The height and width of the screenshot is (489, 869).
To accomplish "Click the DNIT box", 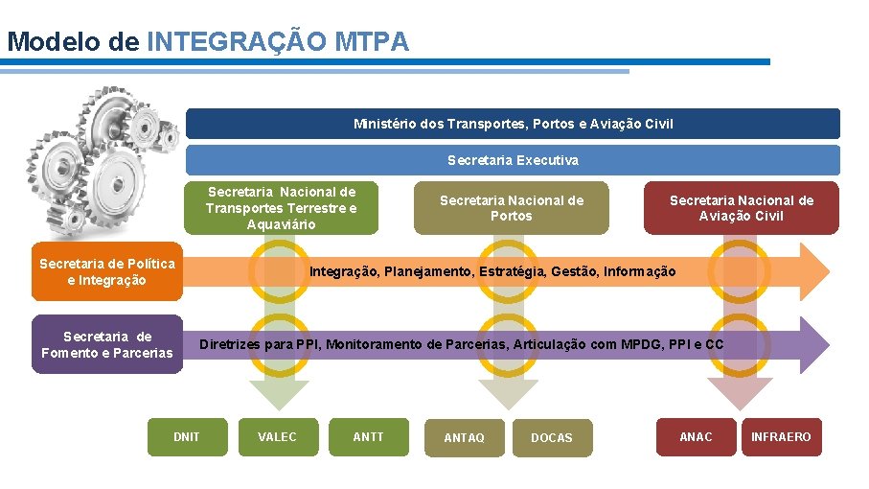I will click(x=187, y=437).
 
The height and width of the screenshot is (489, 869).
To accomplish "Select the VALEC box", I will click(x=277, y=437).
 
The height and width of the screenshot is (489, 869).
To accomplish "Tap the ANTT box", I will click(x=368, y=437).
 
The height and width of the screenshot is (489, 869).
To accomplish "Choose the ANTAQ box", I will click(x=464, y=437).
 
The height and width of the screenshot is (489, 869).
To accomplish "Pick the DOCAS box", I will click(x=551, y=437).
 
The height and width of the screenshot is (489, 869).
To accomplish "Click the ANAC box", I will click(x=696, y=437).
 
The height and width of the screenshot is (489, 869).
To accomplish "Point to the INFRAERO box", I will click(x=781, y=437).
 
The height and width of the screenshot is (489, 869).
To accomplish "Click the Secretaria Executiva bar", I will click(x=513, y=160).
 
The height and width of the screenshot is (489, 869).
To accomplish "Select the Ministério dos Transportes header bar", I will click(x=513, y=124).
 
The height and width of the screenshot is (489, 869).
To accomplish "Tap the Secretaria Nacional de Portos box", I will click(x=511, y=208).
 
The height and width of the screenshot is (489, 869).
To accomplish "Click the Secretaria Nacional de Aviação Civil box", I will click(x=741, y=208).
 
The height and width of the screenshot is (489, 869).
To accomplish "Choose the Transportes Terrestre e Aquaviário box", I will click(x=281, y=208).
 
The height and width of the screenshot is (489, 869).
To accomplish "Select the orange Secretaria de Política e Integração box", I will click(x=106, y=271).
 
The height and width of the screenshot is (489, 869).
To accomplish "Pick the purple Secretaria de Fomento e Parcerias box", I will click(x=106, y=344).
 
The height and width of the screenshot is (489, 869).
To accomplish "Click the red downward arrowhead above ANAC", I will click(x=740, y=394).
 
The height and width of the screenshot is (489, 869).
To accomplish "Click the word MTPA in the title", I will click(x=372, y=42).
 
